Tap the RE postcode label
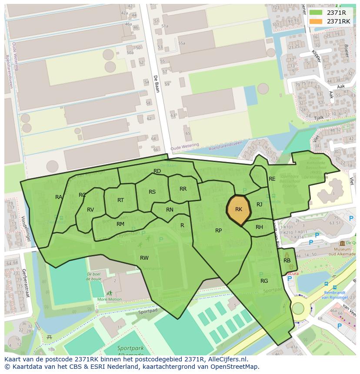pyautogui.click(x=272, y=179)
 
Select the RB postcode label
pyautogui.click(x=287, y=261)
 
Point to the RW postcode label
pyautogui.click(x=144, y=258)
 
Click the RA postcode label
pyautogui.click(x=59, y=197)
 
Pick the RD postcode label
pyautogui.click(x=157, y=171)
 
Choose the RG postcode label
pyautogui.click(x=264, y=281)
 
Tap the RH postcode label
pyautogui.click(x=259, y=227)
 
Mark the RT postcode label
pyautogui.click(x=120, y=200)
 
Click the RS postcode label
pyautogui.click(x=152, y=192)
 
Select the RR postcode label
pyautogui.click(x=183, y=189)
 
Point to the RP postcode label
pyautogui.click(x=219, y=231)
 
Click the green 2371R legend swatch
pyautogui.click(x=316, y=13)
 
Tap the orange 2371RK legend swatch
pyautogui.click(x=316, y=21)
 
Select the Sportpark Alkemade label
pyautogui.click(x=130, y=351)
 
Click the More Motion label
pyautogui.click(x=110, y=299)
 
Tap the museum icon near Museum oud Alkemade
pyautogui.click(x=342, y=243)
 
